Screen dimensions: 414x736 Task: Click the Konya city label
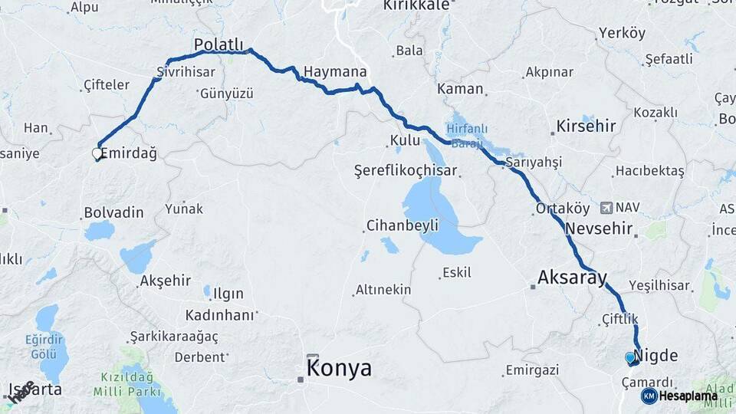[339, 369]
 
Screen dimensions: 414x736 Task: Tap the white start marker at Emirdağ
[97, 154]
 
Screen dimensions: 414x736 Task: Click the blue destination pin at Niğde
[630, 357]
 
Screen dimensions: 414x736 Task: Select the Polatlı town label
[218, 44]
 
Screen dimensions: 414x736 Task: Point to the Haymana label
[334, 72]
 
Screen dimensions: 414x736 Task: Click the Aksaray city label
[572, 278]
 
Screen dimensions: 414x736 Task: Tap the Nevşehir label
[599, 228]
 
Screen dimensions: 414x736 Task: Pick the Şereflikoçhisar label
[406, 170]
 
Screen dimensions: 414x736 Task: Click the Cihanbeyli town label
[402, 225]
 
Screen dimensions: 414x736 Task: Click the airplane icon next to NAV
[607, 207]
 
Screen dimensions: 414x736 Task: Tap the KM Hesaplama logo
[680, 396]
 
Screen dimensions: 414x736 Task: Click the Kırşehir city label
[586, 126]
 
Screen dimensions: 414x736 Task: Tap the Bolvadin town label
[113, 212]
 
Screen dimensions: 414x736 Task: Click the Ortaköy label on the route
[563, 209]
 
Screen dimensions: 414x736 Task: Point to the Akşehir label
[166, 281]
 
